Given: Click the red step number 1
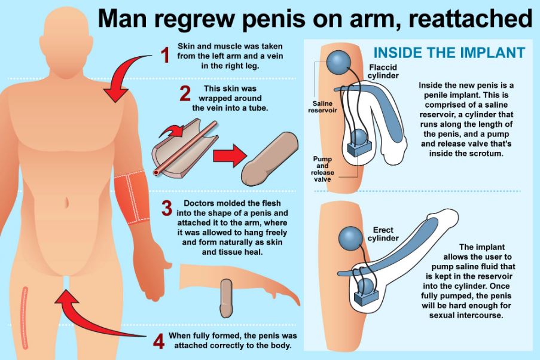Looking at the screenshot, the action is click(x=166, y=56).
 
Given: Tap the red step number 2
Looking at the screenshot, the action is click(x=185, y=94).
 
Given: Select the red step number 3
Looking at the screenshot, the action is click(x=167, y=209).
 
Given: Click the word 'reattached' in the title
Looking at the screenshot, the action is click(x=471, y=19).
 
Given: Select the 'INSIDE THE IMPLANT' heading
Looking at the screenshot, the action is click(x=449, y=53).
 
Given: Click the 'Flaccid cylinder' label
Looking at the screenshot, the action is click(x=383, y=71).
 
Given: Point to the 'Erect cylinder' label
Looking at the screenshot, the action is click(x=383, y=234).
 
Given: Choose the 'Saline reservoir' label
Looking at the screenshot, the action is click(x=322, y=107).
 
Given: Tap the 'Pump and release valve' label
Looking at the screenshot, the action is click(x=322, y=169).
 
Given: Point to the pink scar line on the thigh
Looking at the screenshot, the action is click(x=24, y=317).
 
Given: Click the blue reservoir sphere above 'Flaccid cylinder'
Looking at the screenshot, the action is click(x=338, y=62).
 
